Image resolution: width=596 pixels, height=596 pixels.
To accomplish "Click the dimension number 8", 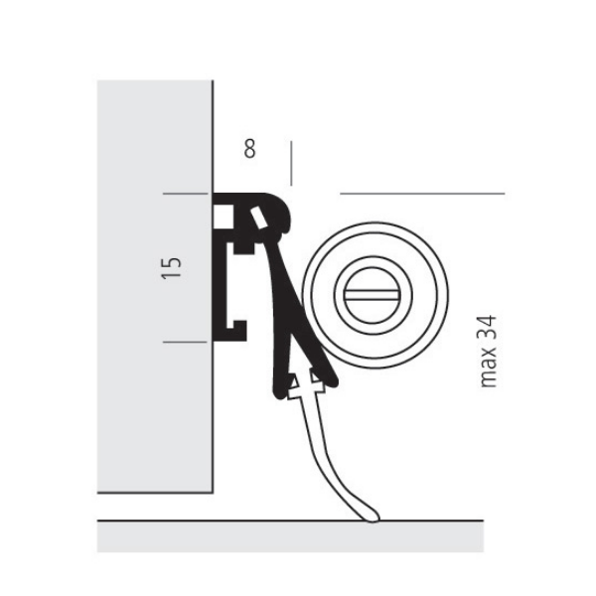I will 249,149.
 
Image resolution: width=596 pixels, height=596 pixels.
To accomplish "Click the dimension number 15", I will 172,266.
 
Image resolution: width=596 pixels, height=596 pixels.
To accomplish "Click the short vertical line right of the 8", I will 290,163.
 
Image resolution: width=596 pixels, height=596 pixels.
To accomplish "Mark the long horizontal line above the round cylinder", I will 422,193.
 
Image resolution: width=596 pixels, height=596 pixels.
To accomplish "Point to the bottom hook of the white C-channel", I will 234,326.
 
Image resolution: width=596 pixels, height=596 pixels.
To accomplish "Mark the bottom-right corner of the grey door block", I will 213,492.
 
